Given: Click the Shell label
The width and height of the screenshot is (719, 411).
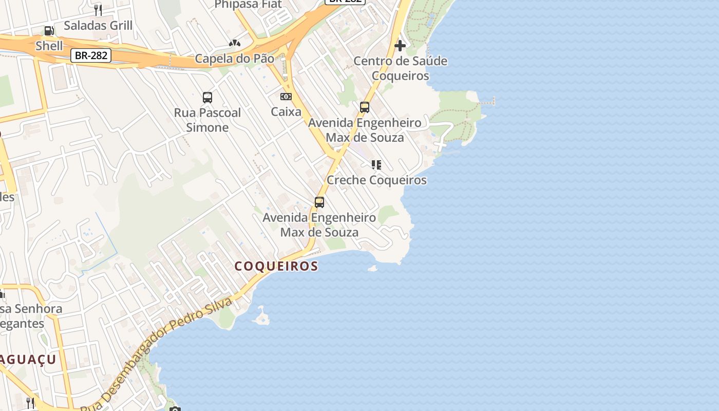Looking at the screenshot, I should pyautogui.click(x=49, y=46).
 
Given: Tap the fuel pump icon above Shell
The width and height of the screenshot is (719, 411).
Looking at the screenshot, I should pyautogui.click(x=49, y=31).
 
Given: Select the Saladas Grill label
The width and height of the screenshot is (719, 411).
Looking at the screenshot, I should pyautogui.click(x=98, y=25).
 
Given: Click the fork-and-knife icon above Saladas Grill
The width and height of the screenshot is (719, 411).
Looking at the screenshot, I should pyautogui.click(x=98, y=10).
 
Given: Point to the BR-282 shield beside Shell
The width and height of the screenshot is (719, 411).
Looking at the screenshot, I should pyautogui.click(x=91, y=55).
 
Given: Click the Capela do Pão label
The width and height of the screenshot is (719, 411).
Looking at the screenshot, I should pyautogui.click(x=234, y=59).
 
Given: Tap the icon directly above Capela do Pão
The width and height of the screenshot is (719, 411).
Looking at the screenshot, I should pyautogui.click(x=235, y=44).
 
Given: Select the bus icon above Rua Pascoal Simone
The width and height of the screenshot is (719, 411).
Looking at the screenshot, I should pyautogui.click(x=207, y=98).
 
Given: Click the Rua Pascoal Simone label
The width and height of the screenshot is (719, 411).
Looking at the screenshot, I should pyautogui.click(x=207, y=120).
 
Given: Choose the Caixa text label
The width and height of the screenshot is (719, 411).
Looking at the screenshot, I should pyautogui.click(x=286, y=111).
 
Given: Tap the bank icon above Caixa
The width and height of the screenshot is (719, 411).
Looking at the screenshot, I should pyautogui.click(x=286, y=97).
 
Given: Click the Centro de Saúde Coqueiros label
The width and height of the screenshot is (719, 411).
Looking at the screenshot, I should pyautogui.click(x=400, y=68).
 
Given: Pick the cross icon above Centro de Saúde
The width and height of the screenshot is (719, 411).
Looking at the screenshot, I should pyautogui.click(x=400, y=46).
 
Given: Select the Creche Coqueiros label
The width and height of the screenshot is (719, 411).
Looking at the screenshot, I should pyautogui.click(x=376, y=180).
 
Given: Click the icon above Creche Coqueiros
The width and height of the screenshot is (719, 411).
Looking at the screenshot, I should pyautogui.click(x=376, y=165).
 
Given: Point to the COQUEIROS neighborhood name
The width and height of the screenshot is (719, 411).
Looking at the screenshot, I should pyautogui.click(x=276, y=266).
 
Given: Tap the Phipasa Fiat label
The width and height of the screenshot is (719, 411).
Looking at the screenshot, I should pyautogui.click(x=248, y=5).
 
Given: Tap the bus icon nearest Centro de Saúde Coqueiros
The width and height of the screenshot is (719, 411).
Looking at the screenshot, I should pyautogui.click(x=365, y=107).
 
